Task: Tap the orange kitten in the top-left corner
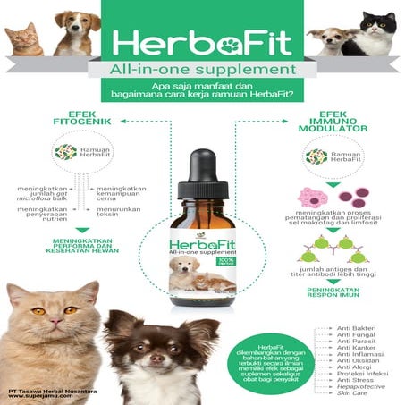(x=22, y=40)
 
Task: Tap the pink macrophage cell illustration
(x=316, y=196)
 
